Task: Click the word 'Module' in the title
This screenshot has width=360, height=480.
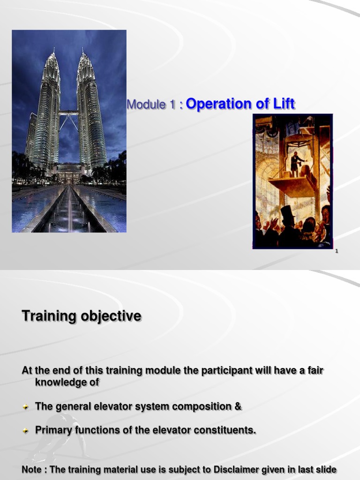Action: tap(146, 105)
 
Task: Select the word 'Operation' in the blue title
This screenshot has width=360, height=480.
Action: tap(218, 104)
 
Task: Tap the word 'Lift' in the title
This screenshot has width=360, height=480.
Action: tap(282, 104)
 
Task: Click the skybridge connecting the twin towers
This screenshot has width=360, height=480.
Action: tap(68, 112)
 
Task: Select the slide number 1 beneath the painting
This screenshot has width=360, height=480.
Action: tap(337, 251)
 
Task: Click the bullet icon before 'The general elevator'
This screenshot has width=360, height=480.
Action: tap(26, 407)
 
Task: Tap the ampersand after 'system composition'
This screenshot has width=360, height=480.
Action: tap(238, 406)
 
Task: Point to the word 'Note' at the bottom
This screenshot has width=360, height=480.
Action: tap(31, 469)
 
